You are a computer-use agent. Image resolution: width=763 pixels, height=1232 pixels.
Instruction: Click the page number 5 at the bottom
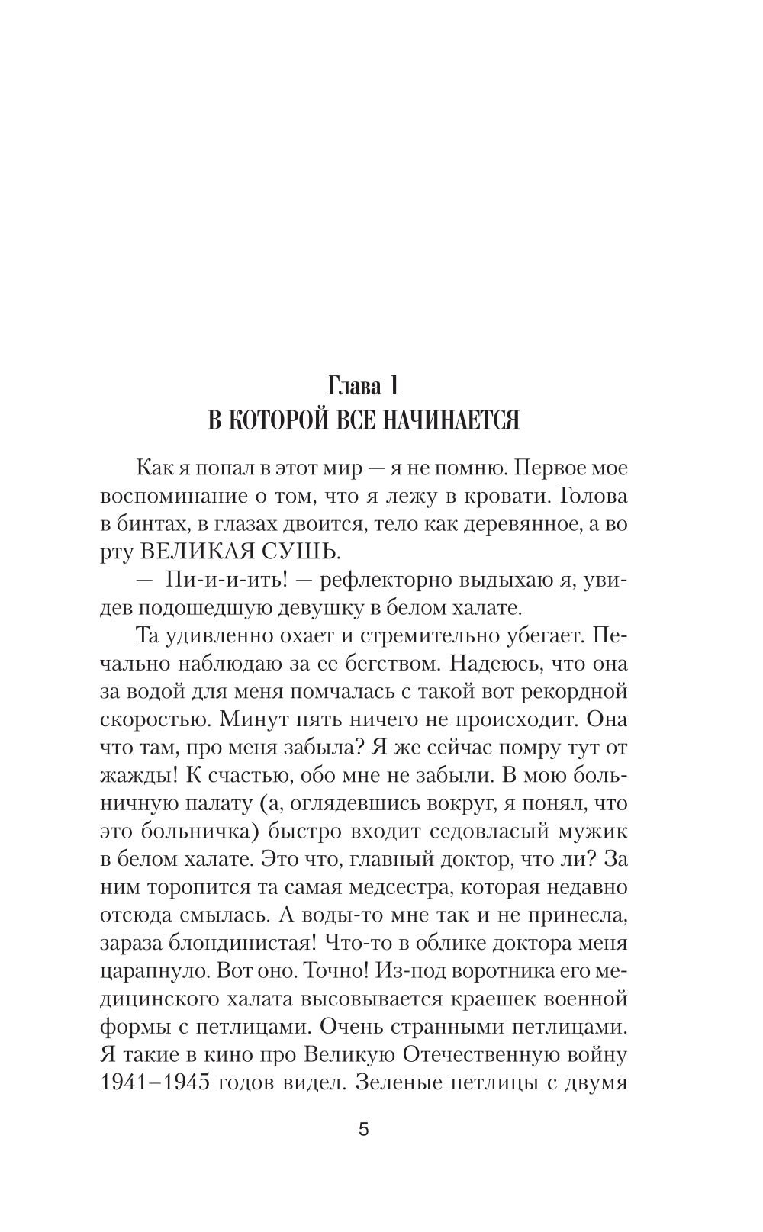363,1130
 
